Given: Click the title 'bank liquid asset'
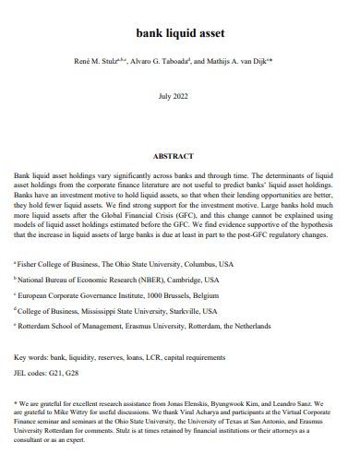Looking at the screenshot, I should tap(180, 33).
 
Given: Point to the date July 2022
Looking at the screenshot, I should tap(180, 96).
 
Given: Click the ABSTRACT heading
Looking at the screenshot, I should tap(180, 156).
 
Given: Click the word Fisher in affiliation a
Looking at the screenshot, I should tap(31, 264).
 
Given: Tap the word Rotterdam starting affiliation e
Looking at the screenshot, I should tap(40, 327).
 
